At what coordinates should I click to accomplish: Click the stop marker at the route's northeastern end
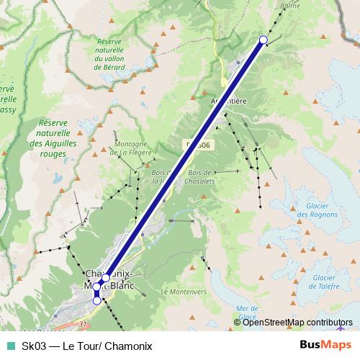pyautogui.click(x=264, y=40)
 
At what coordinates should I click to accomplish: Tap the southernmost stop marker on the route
pyautogui.click(x=97, y=301)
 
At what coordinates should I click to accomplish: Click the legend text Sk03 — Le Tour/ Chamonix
pyautogui.click(x=87, y=346)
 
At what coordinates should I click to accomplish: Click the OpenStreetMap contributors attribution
pyautogui.click(x=297, y=322)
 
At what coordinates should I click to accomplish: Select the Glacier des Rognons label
pyautogui.click(x=312, y=210)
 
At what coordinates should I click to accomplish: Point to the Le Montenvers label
pyautogui.click(x=184, y=292)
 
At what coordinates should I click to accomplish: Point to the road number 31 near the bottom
pyautogui.click(x=83, y=324)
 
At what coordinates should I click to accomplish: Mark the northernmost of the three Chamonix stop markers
pyautogui.click(x=106, y=277)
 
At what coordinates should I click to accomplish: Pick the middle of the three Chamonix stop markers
pyautogui.click(x=96, y=287)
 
